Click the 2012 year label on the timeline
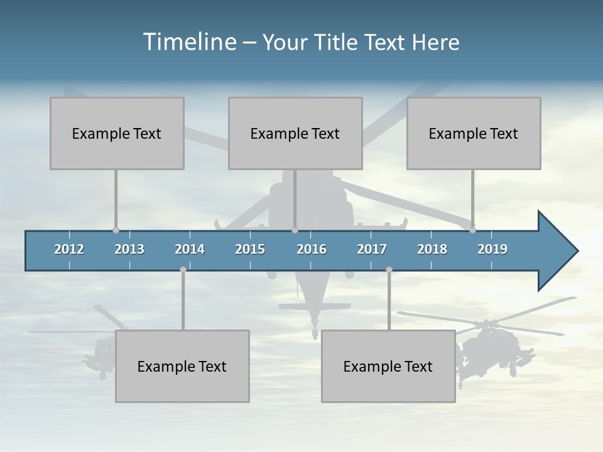click(69, 249)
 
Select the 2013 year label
click(129, 249)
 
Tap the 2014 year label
click(190, 249)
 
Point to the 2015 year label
click(250, 249)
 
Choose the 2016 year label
click(312, 249)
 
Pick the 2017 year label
click(372, 249)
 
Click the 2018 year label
click(432, 249)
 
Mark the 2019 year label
click(492, 249)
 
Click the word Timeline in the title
click(188, 42)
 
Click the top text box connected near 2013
click(117, 133)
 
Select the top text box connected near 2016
click(295, 133)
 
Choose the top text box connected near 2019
click(474, 133)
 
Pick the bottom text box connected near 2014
click(182, 366)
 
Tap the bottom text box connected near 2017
click(388, 366)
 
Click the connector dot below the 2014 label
click(183, 269)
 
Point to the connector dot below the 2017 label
click(389, 269)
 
